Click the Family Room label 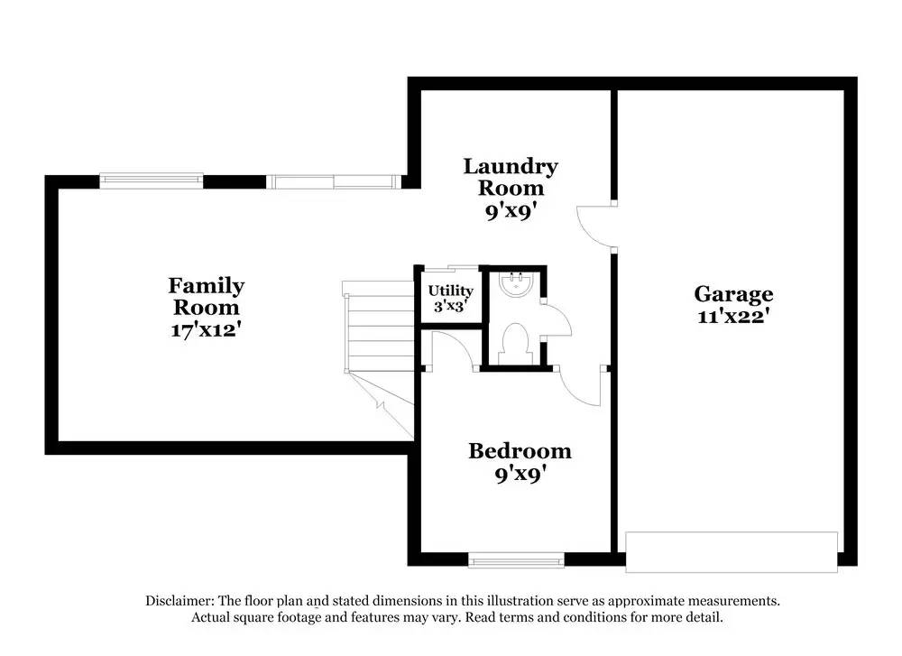point(206,296)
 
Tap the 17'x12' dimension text point(206,329)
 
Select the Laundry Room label point(511,177)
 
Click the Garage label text point(732,293)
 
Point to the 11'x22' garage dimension point(732,317)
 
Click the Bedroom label point(520,450)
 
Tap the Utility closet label point(450,291)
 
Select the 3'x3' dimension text point(450,307)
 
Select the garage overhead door point(732,551)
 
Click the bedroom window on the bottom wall point(518,561)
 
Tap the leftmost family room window point(151,180)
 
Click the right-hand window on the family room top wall point(334,181)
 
